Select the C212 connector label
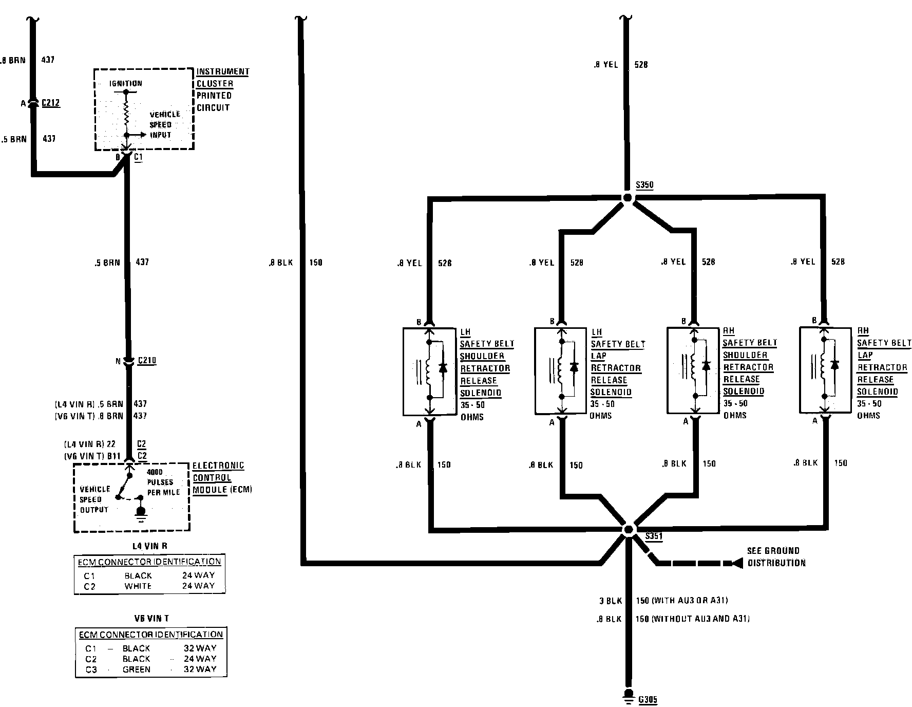click(x=50, y=103)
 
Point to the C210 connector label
click(x=147, y=360)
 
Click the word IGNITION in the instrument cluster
click(x=125, y=83)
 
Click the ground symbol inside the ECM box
click(x=140, y=512)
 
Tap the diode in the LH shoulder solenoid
click(x=443, y=368)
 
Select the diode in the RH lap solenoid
click(x=834, y=365)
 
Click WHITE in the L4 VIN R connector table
click(x=138, y=586)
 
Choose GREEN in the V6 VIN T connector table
click(x=137, y=669)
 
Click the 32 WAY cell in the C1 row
click(x=200, y=648)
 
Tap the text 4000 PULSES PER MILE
click(x=163, y=482)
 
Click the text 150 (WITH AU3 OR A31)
click(x=681, y=600)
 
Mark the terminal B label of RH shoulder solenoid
click(x=683, y=322)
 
